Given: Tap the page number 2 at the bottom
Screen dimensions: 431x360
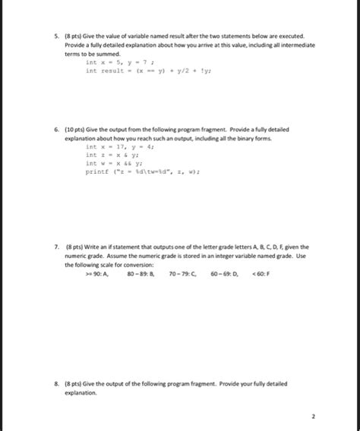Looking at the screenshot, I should click(311, 417).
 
